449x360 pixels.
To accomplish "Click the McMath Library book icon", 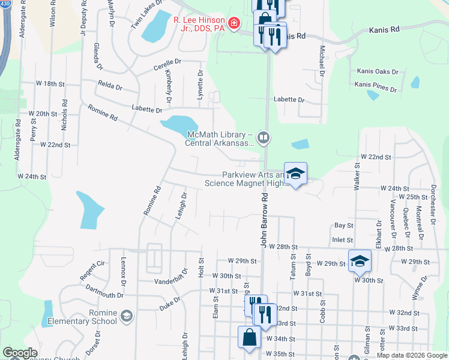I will coord(263,138).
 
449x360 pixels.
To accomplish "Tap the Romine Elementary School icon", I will coord(126,316).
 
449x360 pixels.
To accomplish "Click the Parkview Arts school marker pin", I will coord(295,174).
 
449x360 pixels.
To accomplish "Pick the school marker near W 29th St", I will coord(360,261).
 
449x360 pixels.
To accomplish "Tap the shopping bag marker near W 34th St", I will coord(249,338).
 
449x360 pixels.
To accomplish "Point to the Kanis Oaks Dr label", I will coord(378,71).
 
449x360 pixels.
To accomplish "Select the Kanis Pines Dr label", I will coord(376,88).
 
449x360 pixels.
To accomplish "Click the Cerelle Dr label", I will coord(167,62).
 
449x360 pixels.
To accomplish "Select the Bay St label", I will coord(343,226).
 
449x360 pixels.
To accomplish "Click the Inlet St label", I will coord(342,240).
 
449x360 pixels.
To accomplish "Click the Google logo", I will coord(20,353).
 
